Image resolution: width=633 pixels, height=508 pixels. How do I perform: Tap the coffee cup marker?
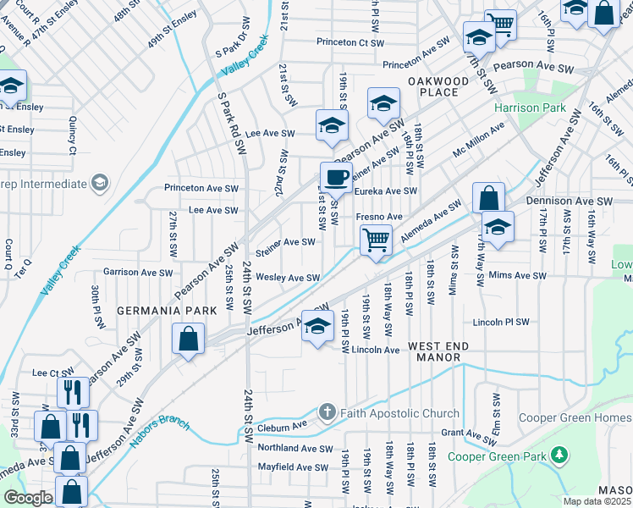[336, 177]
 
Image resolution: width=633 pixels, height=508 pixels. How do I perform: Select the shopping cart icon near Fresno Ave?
[375, 240]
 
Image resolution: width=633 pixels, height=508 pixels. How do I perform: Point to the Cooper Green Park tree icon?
[559, 456]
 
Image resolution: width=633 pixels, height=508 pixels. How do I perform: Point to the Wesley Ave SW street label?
[288, 277]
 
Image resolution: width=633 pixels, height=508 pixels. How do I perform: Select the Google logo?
[28, 497]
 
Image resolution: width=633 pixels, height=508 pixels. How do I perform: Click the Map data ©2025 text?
[597, 501]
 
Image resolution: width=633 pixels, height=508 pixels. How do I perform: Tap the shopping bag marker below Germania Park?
[188, 340]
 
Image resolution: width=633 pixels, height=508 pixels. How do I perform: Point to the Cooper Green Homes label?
[586, 417]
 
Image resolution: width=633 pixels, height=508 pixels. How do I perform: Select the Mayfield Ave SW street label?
[293, 467]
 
